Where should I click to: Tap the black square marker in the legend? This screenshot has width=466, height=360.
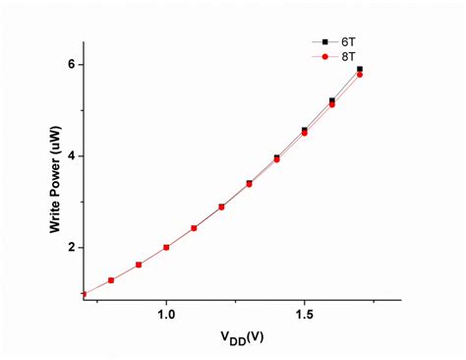[x=325, y=42]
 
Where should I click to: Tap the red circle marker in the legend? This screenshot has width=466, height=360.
[x=325, y=57]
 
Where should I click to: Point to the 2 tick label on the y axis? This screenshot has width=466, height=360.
[x=72, y=248]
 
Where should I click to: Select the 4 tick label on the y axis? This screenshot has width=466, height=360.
[x=72, y=156]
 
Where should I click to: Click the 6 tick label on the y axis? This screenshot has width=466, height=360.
[x=72, y=65]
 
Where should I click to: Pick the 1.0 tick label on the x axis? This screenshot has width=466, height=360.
[x=166, y=314]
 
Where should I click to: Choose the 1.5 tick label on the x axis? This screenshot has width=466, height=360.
[x=304, y=314]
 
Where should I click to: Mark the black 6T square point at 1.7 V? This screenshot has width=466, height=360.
[x=360, y=70]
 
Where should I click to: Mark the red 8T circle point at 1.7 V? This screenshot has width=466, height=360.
[x=360, y=75]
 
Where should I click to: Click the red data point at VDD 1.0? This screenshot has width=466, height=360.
[x=166, y=247]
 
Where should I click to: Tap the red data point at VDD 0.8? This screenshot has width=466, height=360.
[x=111, y=280]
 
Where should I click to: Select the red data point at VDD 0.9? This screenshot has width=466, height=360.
[x=139, y=265]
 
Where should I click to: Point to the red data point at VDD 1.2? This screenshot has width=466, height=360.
[x=221, y=208]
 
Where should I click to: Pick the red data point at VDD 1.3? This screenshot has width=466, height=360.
[x=249, y=184]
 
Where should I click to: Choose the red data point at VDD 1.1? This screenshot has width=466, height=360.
[x=194, y=228]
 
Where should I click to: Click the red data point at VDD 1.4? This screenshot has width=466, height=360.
[x=276, y=158]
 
